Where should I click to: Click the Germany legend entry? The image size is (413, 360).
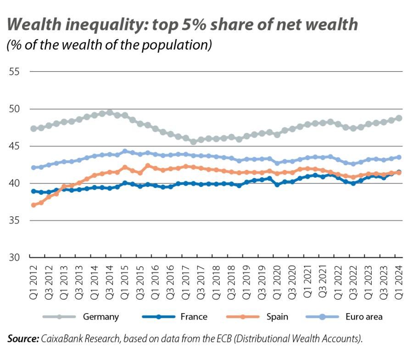point(100,317)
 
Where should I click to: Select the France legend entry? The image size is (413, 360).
point(194,317)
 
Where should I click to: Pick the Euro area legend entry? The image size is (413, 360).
point(363,317)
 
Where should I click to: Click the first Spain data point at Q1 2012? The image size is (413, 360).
point(33,205)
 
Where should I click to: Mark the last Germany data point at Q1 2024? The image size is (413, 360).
point(399,118)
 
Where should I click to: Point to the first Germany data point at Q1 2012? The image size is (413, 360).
point(33,129)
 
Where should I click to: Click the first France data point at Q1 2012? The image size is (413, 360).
point(33,191)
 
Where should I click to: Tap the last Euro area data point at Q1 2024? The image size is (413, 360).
point(399,157)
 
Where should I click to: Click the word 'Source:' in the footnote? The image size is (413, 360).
point(23,339)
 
